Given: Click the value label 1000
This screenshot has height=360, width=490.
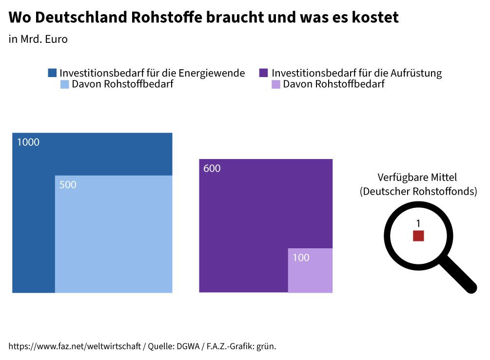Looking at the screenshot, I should (x=28, y=143).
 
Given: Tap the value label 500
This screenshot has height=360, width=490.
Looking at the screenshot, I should (x=68, y=185).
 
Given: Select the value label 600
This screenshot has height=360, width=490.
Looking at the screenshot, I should (x=212, y=169).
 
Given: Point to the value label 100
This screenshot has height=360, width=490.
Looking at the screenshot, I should (x=301, y=258).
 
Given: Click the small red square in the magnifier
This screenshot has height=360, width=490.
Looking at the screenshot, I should (x=418, y=236).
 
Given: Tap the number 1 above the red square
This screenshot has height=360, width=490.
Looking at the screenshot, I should (x=418, y=223).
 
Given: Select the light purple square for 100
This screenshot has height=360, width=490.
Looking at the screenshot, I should (x=310, y=271).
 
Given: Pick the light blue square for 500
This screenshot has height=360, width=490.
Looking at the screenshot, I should (x=114, y=234).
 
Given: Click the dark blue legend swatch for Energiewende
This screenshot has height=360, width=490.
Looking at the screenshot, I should (x=52, y=73).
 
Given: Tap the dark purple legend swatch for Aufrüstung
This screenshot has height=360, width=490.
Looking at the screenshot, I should (x=264, y=73).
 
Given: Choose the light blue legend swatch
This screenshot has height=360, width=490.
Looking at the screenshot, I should (x=64, y=84).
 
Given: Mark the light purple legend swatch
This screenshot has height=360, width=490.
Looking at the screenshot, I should (x=275, y=84).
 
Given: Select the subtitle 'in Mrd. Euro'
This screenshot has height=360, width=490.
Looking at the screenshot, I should (x=38, y=40).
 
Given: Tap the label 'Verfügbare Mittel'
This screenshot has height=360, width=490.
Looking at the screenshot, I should (x=417, y=177).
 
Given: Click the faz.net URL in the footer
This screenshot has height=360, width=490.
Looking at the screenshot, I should (x=75, y=346).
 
